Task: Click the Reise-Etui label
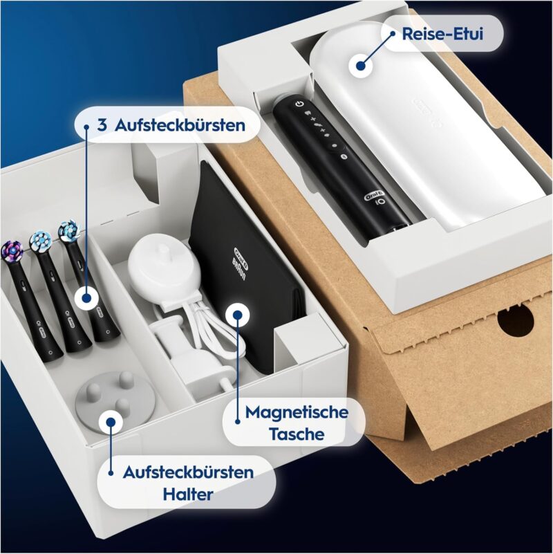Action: pyautogui.click(x=442, y=34)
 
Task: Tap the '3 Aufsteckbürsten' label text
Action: pyautogui.click(x=171, y=125)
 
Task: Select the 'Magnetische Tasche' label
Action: pyautogui.click(x=297, y=423)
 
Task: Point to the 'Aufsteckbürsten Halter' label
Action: pyautogui.click(x=188, y=483)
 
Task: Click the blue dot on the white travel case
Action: pyautogui.click(x=361, y=66)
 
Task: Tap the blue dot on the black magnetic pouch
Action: pyautogui.click(x=237, y=315)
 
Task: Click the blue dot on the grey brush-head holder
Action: pyautogui.click(x=111, y=422)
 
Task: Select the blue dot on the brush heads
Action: pyautogui.click(x=86, y=298)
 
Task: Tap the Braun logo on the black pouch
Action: pyautogui.click(x=241, y=263)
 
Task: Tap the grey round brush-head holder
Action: pyautogui.click(x=115, y=396)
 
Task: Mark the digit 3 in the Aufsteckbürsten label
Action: pyautogui.click(x=102, y=125)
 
